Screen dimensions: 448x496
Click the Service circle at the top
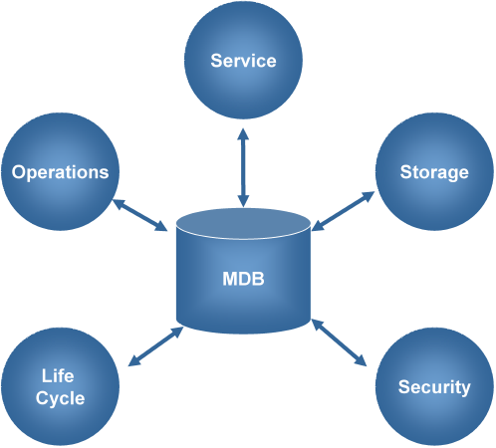(243, 62)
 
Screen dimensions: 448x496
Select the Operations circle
(61, 172)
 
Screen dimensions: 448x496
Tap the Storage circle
(434, 172)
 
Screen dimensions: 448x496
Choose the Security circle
(434, 386)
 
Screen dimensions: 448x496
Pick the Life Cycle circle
(61, 387)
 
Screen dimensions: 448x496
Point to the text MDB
(243, 279)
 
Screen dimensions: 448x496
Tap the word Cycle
(61, 398)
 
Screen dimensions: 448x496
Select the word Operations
(61, 172)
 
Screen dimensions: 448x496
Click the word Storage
(434, 172)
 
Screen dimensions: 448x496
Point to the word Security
(434, 386)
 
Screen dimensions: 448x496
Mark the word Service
(243, 61)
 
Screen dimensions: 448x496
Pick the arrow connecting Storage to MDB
(343, 211)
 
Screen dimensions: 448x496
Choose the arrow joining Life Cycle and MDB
(155, 343)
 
